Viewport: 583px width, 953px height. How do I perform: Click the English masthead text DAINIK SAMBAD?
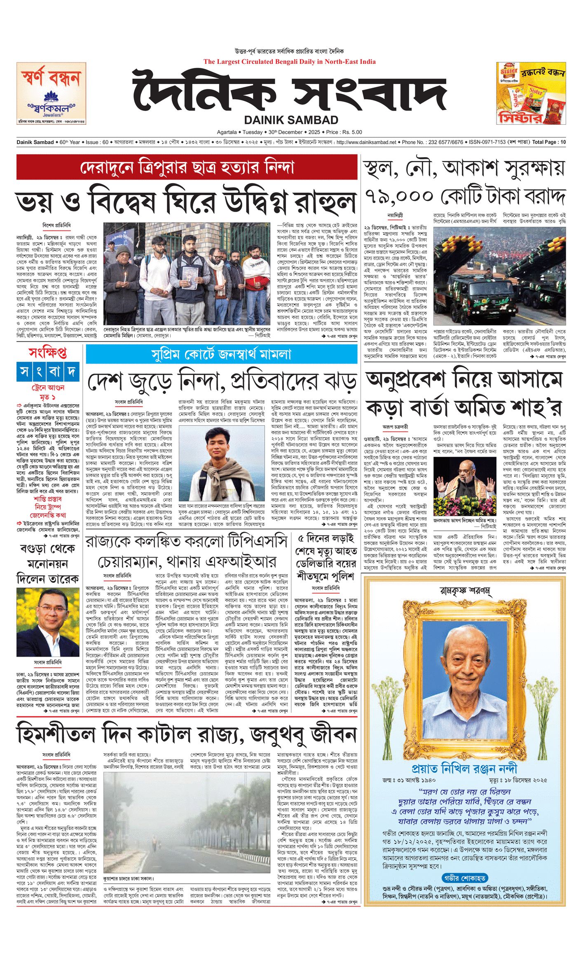pyautogui.click(x=291, y=120)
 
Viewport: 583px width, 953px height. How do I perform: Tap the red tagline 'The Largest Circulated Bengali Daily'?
pyautogui.click(x=289, y=62)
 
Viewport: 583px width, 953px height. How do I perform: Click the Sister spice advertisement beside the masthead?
pyautogui.click(x=531, y=93)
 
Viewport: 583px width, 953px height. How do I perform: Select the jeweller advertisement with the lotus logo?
pyautogui.click(x=52, y=93)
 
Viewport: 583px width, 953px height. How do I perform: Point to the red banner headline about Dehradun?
pyautogui.click(x=187, y=168)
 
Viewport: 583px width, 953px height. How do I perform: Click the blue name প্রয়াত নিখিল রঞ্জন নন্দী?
pyautogui.click(x=464, y=769)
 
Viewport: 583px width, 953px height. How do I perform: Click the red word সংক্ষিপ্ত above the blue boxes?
pyautogui.click(x=48, y=353)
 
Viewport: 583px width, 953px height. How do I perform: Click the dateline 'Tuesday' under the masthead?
pyautogui.click(x=252, y=132)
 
